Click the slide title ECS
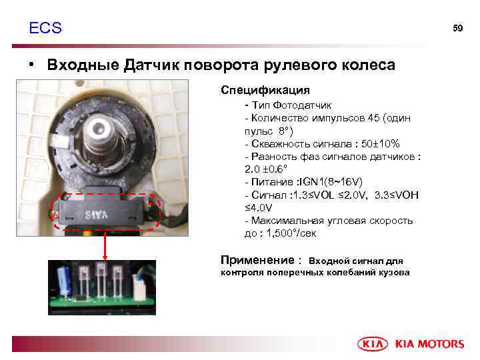(x=45, y=28)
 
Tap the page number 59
(x=457, y=28)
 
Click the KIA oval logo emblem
(x=373, y=344)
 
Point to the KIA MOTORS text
(x=429, y=344)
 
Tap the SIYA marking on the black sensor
(x=97, y=215)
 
